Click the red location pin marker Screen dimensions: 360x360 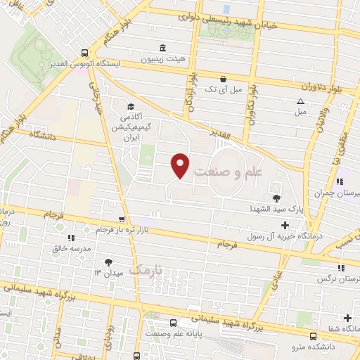[181, 165]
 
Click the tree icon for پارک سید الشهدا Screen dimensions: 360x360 [275, 198]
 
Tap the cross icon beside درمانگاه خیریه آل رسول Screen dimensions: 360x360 [284, 225]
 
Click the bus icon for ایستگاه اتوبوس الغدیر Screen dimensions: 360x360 [84, 52]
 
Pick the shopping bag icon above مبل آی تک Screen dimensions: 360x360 [223, 79]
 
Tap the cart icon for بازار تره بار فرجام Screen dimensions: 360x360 [122, 219]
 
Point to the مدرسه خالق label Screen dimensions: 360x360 [60, 248]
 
